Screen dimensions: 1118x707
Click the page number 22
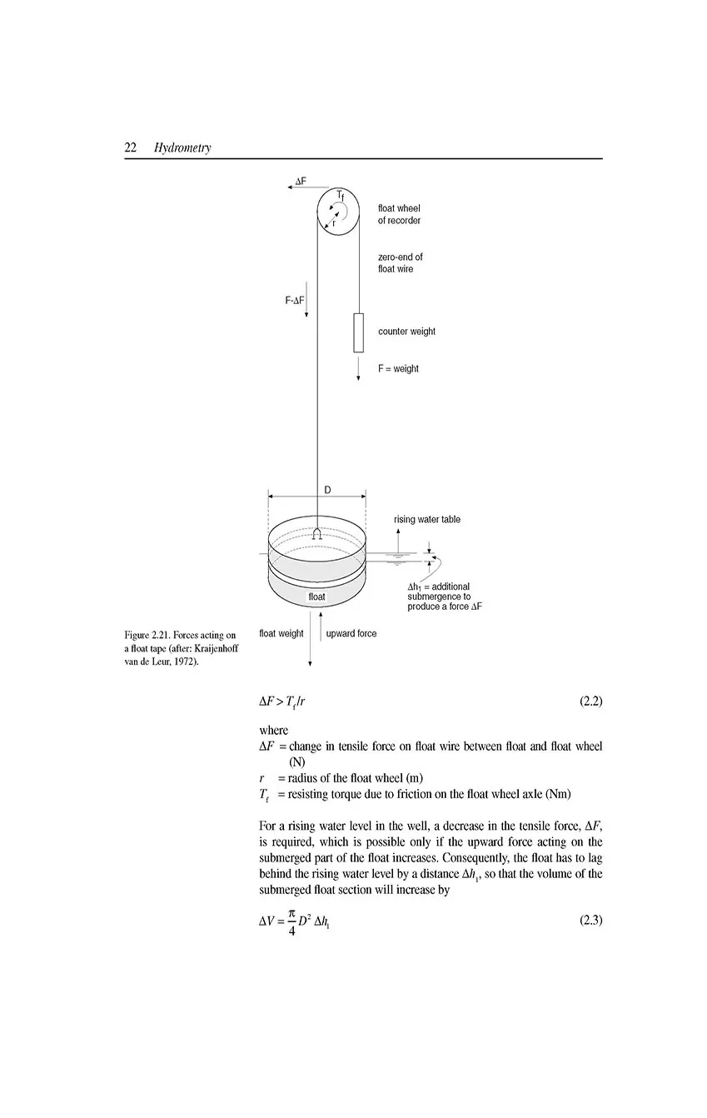point(131,147)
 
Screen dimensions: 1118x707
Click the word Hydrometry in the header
point(182,148)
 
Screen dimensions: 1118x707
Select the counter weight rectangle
point(358,332)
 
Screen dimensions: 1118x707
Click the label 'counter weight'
point(406,332)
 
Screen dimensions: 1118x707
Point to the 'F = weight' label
point(398,369)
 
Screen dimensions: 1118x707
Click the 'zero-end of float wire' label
point(400,263)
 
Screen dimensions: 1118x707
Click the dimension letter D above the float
point(327,491)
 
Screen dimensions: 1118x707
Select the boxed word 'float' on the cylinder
point(317,597)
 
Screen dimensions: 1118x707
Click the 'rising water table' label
point(426,520)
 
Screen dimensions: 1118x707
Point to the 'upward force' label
point(351,634)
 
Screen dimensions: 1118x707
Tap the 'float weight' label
point(281,634)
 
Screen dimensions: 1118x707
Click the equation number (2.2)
point(590,701)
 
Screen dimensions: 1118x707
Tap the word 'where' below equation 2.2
point(274,731)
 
